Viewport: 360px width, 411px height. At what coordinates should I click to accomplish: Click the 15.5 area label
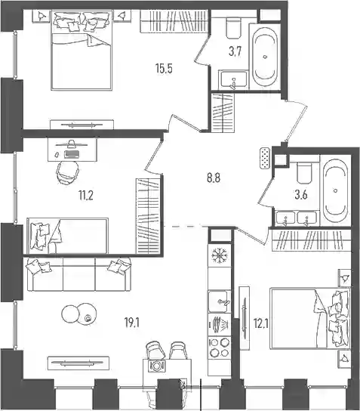164,69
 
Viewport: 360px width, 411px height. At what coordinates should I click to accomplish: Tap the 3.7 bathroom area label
235,51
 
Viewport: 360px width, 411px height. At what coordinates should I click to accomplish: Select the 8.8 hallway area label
214,178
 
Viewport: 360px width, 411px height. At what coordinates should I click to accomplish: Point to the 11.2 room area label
86,195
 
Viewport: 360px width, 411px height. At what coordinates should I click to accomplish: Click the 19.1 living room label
132,323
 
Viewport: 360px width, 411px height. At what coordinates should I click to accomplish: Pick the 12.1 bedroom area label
261,323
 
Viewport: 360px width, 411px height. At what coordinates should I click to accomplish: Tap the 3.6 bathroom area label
301,195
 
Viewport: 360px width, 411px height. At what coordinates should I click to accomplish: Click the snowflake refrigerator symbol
220,255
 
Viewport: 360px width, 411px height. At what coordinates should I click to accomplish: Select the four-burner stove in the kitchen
220,348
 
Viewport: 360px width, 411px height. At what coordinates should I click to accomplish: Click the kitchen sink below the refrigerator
220,301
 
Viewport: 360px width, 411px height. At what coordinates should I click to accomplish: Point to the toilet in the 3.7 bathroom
233,28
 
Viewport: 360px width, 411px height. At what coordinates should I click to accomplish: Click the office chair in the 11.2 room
68,172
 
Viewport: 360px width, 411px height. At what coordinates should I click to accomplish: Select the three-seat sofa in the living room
78,274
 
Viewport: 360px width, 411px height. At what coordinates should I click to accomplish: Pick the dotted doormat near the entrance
265,159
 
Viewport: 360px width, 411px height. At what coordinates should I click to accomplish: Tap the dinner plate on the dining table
156,366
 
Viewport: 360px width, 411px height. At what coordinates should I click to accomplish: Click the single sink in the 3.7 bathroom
233,79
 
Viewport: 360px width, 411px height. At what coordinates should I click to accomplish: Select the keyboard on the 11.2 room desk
72,154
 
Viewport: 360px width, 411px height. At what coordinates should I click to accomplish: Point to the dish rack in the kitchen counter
220,325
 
